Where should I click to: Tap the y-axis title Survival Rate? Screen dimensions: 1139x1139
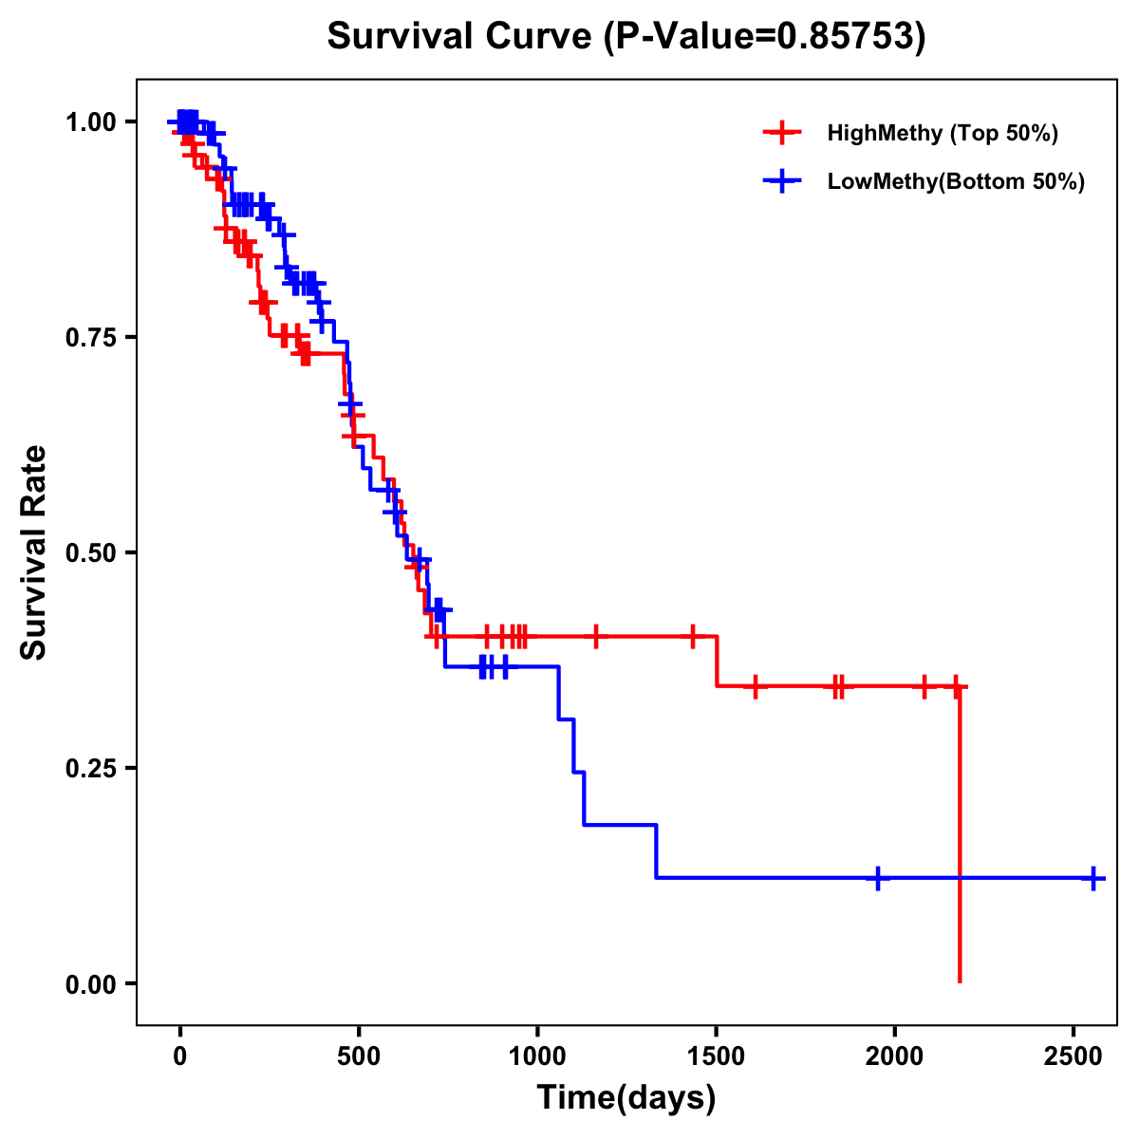tap(34, 551)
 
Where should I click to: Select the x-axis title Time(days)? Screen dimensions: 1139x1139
tap(626, 1097)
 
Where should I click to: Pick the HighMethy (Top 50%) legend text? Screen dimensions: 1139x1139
tap(943, 133)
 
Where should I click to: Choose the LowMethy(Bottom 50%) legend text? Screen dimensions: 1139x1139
tap(956, 181)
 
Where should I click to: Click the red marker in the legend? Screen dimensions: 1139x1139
tap(782, 133)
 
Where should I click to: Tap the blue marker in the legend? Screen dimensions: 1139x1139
tap(782, 181)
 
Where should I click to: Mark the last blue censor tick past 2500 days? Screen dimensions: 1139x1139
tap(1093, 878)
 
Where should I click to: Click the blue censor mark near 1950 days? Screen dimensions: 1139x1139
tap(878, 878)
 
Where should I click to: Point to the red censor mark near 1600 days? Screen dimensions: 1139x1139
tap(755, 686)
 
